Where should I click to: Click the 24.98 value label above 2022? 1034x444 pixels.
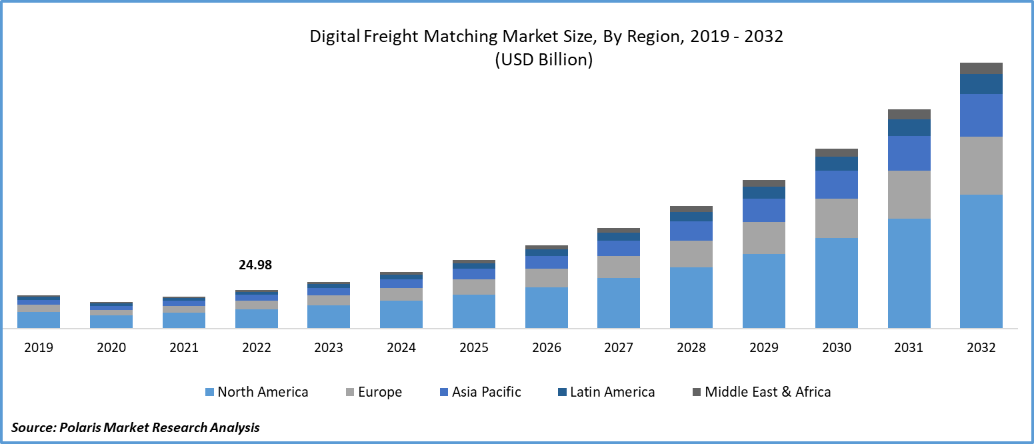tap(255, 265)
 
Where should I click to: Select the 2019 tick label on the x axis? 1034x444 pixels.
tap(39, 348)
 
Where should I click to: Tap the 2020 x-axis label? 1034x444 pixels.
tap(111, 348)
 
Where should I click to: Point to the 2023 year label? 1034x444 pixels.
tap(329, 348)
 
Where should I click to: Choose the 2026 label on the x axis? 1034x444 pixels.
tap(546, 348)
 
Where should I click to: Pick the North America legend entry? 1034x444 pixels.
tap(257, 392)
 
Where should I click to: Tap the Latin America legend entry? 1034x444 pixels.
tap(605, 392)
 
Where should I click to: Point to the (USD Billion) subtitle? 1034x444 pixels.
tap(543, 60)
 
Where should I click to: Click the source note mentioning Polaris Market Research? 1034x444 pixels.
tap(135, 427)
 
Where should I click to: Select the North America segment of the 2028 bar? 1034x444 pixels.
tap(691, 297)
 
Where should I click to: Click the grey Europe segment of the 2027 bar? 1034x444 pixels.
tap(619, 267)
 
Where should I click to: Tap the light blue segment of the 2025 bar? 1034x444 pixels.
tap(474, 311)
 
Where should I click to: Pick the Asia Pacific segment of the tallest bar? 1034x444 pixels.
tap(981, 115)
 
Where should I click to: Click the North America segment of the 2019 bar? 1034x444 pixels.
tap(39, 320)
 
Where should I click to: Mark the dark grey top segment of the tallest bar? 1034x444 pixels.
tap(981, 68)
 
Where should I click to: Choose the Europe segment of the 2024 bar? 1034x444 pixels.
tap(401, 294)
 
